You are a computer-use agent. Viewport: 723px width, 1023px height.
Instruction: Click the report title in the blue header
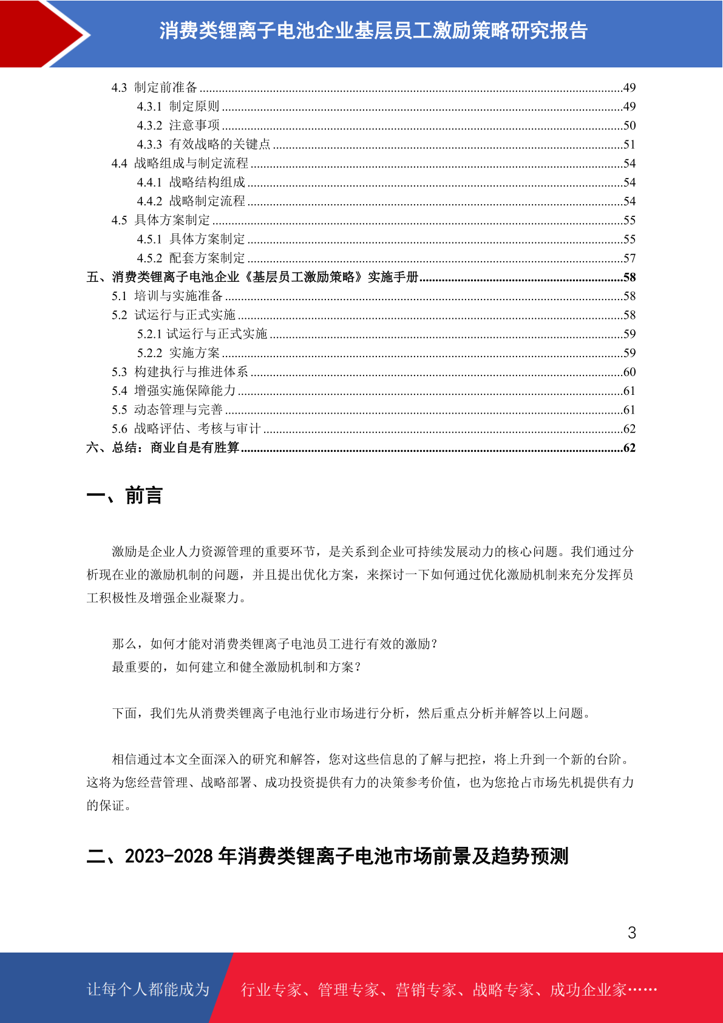[373, 30]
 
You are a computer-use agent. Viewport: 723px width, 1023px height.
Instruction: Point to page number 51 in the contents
[629, 145]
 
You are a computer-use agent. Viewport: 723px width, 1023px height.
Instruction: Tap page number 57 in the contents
[629, 258]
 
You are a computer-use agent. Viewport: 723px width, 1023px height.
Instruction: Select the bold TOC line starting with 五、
[252, 277]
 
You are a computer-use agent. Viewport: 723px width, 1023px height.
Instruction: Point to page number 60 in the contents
[629, 372]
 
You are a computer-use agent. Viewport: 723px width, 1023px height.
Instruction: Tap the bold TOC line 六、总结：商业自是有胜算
[163, 448]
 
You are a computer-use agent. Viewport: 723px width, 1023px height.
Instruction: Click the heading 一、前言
[124, 495]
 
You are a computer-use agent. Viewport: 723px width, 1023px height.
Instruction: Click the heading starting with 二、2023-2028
[327, 856]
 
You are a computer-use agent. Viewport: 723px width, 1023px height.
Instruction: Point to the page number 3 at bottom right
[631, 932]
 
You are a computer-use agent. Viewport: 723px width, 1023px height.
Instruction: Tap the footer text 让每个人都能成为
[148, 990]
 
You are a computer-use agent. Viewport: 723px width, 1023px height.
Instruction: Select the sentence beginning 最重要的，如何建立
[237, 667]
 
